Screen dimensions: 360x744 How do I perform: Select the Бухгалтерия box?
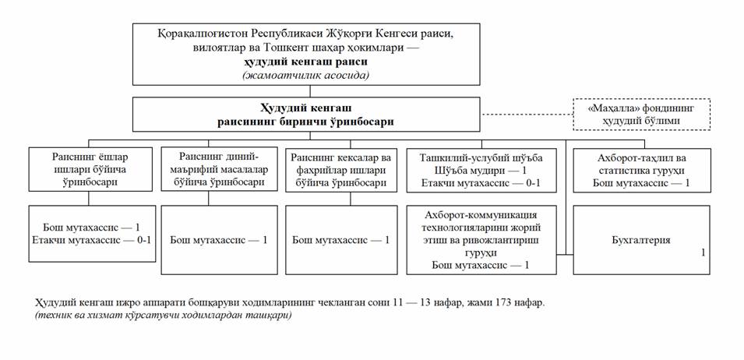click(641, 240)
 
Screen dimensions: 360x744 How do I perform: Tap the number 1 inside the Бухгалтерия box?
click(702, 252)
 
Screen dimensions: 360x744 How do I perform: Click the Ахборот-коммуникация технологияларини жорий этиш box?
click(480, 239)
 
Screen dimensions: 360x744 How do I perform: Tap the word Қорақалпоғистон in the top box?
click(185, 33)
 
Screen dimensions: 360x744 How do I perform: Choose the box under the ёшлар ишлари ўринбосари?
click(92, 233)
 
